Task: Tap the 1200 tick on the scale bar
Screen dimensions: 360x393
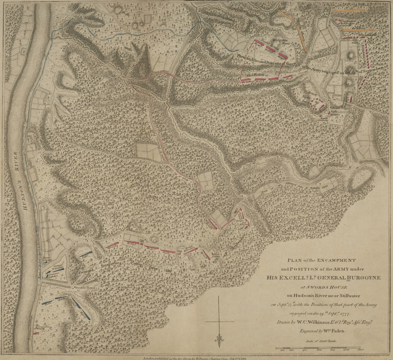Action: pyautogui.click(x=361, y=350)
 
